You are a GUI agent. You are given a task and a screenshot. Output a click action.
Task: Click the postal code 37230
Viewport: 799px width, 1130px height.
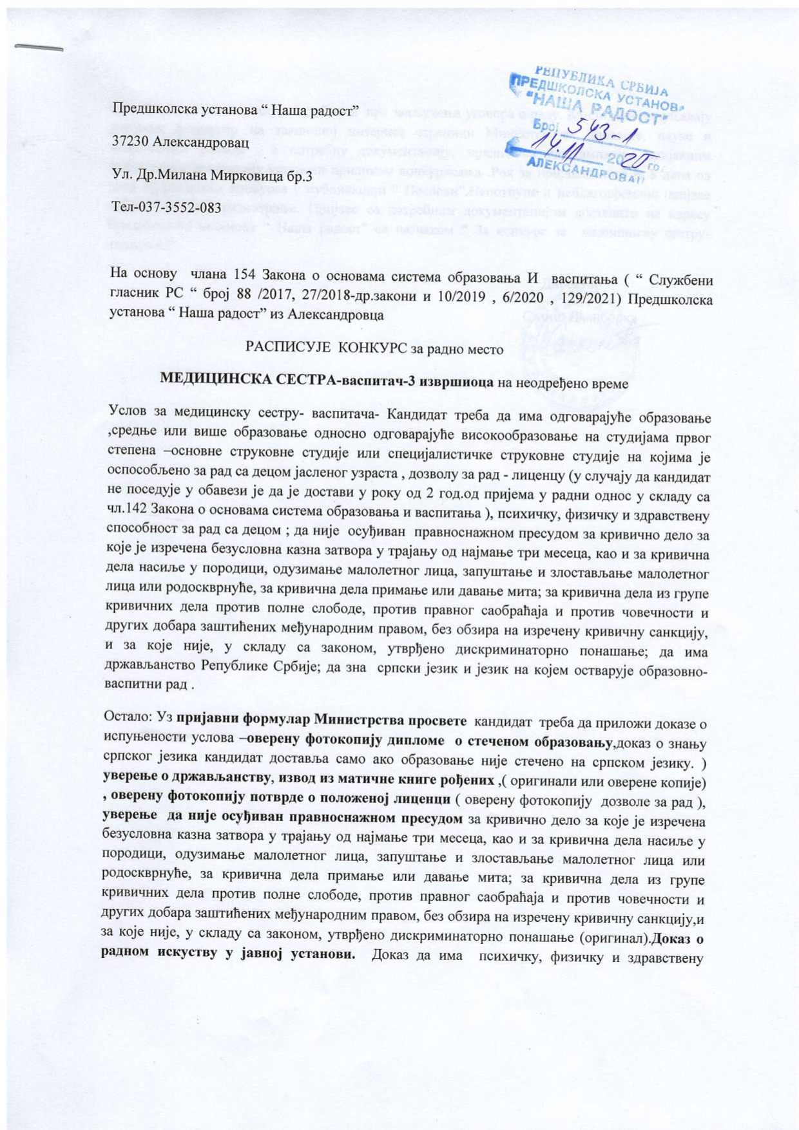[x=131, y=142]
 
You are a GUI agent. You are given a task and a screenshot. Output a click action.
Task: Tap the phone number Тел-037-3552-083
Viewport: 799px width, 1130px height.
[x=166, y=207]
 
